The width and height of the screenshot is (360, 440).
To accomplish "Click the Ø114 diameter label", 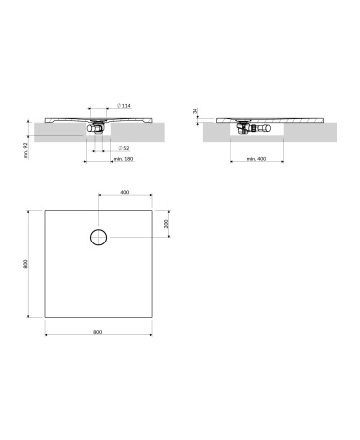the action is click(x=124, y=106).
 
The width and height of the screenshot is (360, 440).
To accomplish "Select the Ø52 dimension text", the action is click(x=124, y=148).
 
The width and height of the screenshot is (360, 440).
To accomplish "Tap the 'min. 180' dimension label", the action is click(x=123, y=159).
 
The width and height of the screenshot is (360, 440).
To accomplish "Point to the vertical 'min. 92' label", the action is click(x=26, y=151).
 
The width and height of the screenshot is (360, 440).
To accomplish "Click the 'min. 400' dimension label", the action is click(x=256, y=159).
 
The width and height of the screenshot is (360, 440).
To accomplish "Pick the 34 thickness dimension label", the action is click(x=195, y=110).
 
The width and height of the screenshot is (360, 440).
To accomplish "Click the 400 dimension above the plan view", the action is click(x=125, y=192).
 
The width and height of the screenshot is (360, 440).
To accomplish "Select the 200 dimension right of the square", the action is click(x=166, y=223).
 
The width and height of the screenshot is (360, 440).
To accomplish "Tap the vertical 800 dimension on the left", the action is click(x=26, y=264).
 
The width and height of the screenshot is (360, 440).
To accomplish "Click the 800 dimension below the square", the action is click(x=98, y=332).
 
